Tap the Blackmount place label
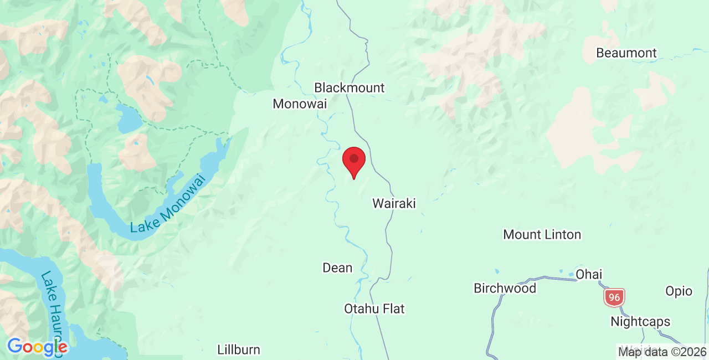click(x=349, y=88)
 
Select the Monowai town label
click(x=300, y=104)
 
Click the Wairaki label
click(x=394, y=203)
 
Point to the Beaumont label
click(x=626, y=53)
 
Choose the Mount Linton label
click(x=542, y=234)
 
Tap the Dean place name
click(x=337, y=268)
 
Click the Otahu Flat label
click(x=374, y=308)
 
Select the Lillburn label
click(x=239, y=349)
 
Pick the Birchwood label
click(x=505, y=288)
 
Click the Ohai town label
click(x=589, y=274)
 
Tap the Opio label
click(x=679, y=291)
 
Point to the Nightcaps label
click(x=640, y=322)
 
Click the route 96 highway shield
click(x=614, y=297)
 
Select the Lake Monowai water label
click(x=167, y=203)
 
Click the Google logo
click(x=37, y=347)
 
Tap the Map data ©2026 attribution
click(x=662, y=352)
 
